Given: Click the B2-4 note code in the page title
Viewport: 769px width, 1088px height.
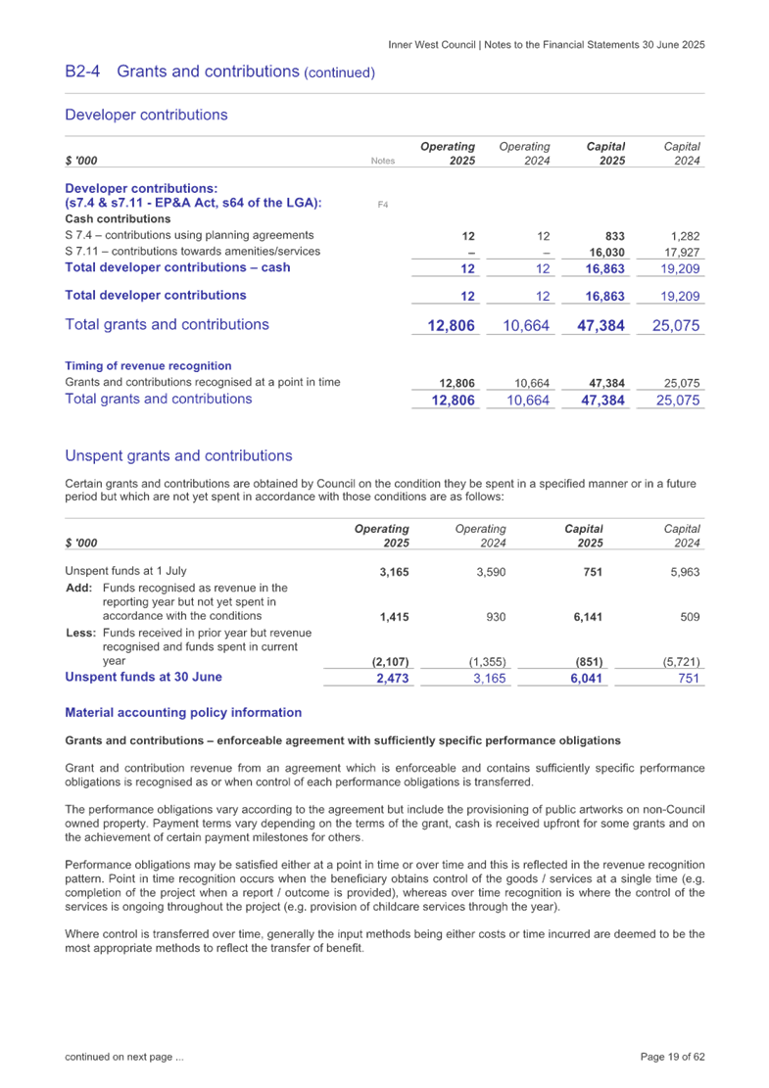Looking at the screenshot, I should click(82, 71).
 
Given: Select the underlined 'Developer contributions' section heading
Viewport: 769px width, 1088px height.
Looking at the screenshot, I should click(146, 115).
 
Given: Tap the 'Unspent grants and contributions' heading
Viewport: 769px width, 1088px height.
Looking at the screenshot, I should click(178, 455).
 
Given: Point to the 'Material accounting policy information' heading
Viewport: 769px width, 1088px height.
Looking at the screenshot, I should click(183, 712).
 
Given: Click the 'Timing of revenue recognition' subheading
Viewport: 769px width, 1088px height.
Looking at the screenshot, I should click(148, 365).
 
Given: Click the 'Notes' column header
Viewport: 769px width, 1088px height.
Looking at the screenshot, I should click(383, 161).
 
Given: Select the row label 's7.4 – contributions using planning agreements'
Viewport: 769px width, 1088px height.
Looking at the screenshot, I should click(189, 235).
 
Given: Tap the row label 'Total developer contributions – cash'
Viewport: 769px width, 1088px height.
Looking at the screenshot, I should click(176, 267).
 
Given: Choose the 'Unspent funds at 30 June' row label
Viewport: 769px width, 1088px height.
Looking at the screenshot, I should click(143, 677).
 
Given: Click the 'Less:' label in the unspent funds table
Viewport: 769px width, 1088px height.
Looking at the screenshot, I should click(78, 633).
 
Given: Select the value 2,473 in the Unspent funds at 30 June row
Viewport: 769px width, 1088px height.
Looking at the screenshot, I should click(392, 678).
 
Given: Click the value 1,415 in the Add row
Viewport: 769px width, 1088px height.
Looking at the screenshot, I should click(394, 617).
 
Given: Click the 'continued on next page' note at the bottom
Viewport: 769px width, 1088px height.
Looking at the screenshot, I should click(123, 1058).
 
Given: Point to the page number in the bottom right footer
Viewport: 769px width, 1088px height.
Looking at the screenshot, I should click(673, 1057).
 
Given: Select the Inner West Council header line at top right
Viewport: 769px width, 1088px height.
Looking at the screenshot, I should click(547, 44).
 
